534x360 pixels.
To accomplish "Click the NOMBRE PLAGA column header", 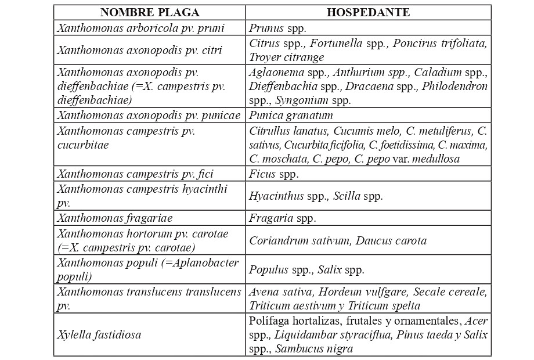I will point(150,12).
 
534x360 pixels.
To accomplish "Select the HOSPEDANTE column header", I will point(368,12).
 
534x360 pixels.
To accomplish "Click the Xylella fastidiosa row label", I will point(99,335).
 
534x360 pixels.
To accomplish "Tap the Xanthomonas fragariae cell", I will point(115,218).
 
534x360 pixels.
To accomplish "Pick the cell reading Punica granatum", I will point(291,115).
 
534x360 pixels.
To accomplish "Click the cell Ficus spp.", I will point(273,173).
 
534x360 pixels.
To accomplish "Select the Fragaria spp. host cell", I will point(283,218).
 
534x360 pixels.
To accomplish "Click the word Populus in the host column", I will point(269,269).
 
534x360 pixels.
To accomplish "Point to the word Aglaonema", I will point(275,72).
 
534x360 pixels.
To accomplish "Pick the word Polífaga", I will point(270,321).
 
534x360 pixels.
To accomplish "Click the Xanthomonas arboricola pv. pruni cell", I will point(141,27).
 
